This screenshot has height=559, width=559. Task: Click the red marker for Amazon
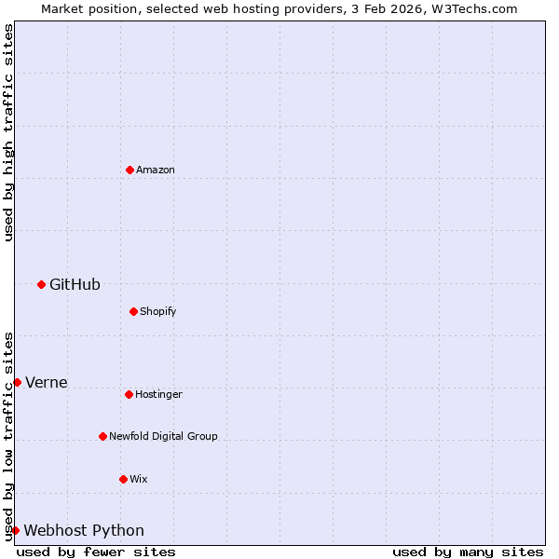130,170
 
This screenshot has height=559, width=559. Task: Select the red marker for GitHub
41,284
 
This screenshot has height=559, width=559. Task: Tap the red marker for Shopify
133,311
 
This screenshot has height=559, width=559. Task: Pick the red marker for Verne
17,382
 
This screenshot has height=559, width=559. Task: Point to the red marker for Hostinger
129,394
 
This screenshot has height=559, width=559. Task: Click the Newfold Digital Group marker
102,436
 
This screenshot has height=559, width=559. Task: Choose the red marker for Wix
123,479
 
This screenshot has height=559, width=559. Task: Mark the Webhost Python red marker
15,530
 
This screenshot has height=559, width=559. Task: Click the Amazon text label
156,170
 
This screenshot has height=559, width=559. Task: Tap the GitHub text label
75,284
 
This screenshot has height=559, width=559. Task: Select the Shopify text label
158,311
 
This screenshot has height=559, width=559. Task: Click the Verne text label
46,382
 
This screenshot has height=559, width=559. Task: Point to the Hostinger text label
158,394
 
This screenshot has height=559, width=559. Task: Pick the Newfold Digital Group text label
163,436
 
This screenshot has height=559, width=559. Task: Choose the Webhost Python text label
84,530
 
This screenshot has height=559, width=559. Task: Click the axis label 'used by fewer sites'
96,552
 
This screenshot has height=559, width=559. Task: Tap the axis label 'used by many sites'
468,552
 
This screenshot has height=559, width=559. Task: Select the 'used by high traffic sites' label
8,132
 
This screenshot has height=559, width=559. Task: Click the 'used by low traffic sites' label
8,435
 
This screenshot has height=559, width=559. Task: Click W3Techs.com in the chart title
473,8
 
